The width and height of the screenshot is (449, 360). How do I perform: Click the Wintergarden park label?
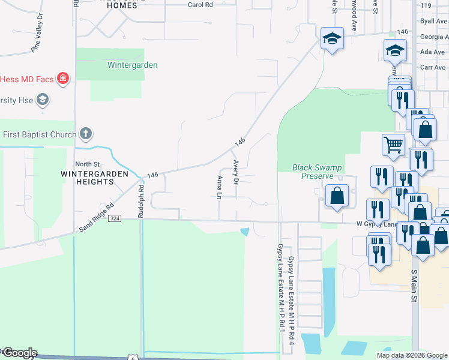coord(132,65)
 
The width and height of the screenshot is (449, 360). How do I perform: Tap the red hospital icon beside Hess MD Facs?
coord(62,78)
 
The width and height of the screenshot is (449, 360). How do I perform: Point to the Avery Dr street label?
coord(236,172)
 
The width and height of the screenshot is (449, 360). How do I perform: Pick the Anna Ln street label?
coord(220,187)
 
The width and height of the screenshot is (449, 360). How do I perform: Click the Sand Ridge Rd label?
coord(96,220)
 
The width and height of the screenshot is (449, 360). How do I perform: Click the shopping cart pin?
coord(393,144)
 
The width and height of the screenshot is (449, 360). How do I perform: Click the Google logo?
coord(19,353)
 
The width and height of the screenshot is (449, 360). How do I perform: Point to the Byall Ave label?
coord(434,21)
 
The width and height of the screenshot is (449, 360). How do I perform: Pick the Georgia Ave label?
coord(433,37)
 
